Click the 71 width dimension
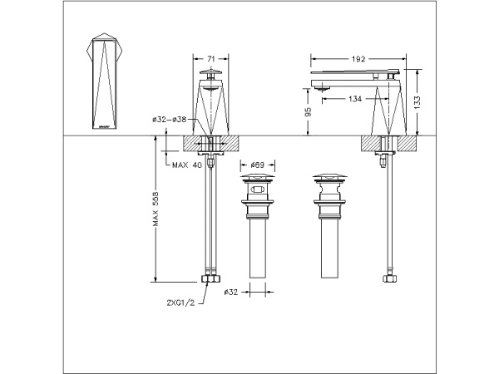coord(210,59)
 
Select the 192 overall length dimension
coord(358,59)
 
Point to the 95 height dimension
coord(309,111)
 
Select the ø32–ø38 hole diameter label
coord(174,120)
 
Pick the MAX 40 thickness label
coord(187,165)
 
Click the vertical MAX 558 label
coord(156,213)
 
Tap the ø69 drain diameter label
coord(256,165)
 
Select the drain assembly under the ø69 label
coord(256,224)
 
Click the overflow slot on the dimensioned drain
coord(256,190)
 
